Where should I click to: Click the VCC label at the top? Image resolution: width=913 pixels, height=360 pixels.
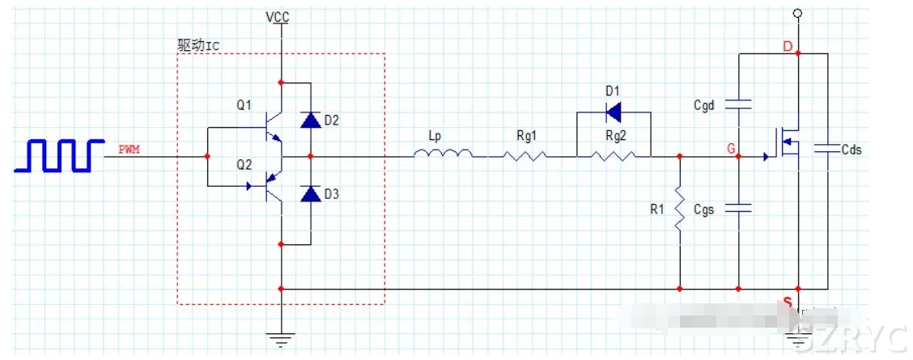(277, 16)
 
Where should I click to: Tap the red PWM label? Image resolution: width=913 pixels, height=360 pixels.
(130, 149)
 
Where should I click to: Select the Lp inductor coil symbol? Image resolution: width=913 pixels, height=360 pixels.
(443, 154)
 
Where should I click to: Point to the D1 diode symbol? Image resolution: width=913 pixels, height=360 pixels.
(613, 111)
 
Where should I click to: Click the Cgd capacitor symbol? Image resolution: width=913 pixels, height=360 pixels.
(738, 104)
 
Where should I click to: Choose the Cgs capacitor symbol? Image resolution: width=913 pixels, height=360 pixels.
(738, 209)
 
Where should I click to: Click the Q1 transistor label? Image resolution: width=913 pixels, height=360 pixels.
(244, 105)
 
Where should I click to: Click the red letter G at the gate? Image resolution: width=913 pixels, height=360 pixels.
(731, 149)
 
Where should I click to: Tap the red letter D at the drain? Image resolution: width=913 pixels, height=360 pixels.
(787, 45)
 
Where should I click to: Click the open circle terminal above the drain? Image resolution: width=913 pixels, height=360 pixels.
(797, 14)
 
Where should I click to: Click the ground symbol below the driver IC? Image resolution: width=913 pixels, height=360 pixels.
(280, 337)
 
